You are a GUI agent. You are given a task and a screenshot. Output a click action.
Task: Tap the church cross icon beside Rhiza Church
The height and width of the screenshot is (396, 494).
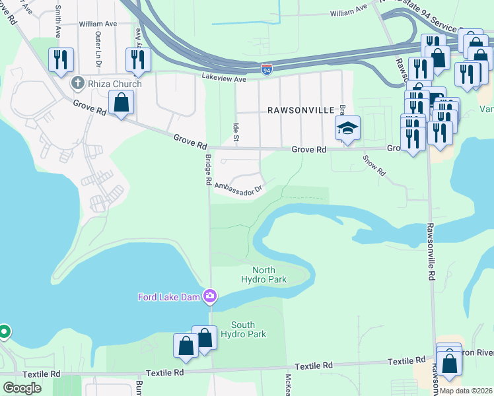click(77, 83)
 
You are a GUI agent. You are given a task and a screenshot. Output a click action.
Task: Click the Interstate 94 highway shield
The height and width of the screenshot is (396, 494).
click(266, 69)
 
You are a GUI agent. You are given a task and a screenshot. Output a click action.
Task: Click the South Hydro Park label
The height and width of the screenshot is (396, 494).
click(248, 329)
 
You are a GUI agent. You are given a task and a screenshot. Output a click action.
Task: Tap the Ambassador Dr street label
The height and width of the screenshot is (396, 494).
click(238, 187)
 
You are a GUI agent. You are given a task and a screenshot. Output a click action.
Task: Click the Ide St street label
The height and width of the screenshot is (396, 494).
click(235, 130)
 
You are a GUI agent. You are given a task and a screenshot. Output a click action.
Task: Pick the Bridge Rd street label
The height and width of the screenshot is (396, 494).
click(207, 170)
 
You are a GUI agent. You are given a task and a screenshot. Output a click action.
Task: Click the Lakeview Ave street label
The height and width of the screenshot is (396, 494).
click(224, 78)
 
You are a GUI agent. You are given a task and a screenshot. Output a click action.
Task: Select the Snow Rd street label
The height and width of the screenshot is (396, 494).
click(374, 166)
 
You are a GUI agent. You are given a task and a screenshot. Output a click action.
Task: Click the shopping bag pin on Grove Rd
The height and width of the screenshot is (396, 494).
click(121, 102)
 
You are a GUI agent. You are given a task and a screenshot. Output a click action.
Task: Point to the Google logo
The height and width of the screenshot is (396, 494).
click(22, 387)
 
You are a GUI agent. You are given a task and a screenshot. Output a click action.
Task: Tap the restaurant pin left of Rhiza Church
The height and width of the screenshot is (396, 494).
click(61, 60)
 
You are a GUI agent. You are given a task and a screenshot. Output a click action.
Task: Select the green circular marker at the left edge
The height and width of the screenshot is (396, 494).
click(3, 331)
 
